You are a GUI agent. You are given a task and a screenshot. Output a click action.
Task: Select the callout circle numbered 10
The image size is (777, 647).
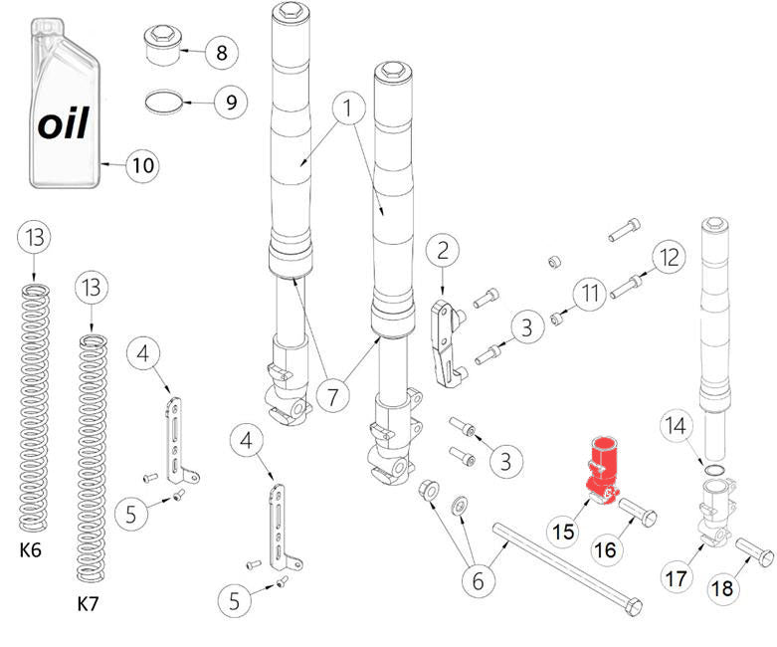143,164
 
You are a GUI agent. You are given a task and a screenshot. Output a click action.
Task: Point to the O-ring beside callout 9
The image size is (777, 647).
165,101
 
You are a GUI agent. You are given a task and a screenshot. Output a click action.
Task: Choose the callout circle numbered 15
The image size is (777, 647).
564,532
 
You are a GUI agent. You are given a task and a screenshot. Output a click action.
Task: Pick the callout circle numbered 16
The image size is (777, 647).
608,548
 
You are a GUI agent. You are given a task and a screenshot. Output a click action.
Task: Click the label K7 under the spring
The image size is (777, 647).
91,603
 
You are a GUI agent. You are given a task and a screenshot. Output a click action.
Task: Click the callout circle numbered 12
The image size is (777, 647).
669,257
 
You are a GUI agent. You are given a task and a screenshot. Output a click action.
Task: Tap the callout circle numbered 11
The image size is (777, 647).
593,294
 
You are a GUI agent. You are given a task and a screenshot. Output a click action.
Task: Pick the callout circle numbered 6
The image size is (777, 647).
478,581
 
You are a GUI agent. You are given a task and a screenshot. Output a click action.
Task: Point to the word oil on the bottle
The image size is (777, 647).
64,123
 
